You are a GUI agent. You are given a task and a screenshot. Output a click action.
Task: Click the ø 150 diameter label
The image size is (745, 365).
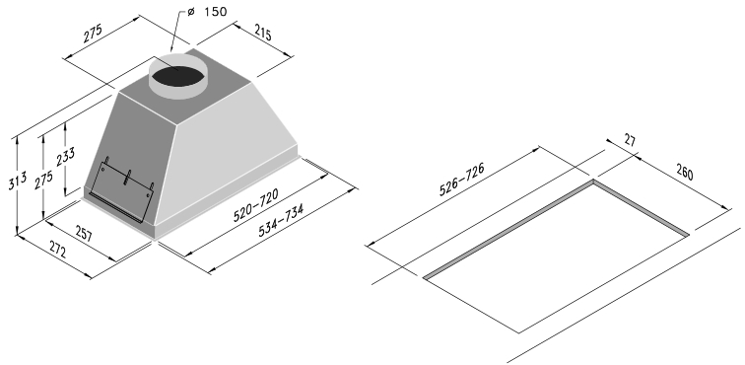[207, 11]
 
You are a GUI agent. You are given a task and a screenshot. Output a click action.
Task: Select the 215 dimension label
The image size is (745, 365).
[263, 33]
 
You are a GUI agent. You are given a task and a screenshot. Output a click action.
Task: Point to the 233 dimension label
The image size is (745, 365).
[66, 157]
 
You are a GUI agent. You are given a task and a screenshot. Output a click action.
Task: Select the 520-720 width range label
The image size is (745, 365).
[255, 205]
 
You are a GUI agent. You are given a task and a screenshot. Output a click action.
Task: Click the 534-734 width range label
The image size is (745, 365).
[280, 220]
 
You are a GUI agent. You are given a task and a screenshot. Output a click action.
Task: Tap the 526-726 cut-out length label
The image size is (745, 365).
[461, 180]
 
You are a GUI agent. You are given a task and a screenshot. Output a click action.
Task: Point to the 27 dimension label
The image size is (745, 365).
[630, 141]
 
